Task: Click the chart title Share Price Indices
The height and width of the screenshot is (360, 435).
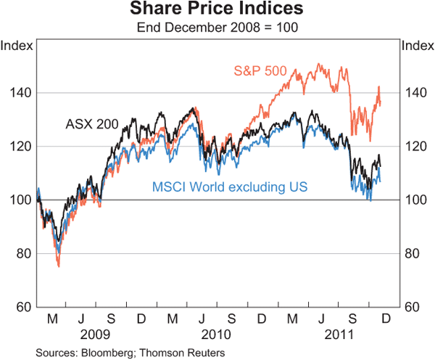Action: pyautogui.click(x=217, y=10)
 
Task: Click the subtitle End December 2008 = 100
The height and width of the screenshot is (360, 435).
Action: pyautogui.click(x=217, y=28)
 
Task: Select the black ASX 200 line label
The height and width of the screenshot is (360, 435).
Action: pyautogui.click(x=91, y=123)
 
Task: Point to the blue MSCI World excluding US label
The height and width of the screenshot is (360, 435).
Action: pyautogui.click(x=229, y=187)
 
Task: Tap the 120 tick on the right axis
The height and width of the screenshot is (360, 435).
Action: pyautogui.click(x=413, y=147)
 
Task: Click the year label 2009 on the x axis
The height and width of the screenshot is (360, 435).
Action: pyautogui.click(x=96, y=335)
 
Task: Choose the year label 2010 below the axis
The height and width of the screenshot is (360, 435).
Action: pyautogui.click(x=216, y=335)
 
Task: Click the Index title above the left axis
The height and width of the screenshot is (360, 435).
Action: pyautogui.click(x=17, y=46)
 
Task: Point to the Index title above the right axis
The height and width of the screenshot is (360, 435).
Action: pyautogui.click(x=417, y=46)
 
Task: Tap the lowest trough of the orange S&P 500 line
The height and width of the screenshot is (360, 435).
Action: pyautogui.click(x=58, y=266)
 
